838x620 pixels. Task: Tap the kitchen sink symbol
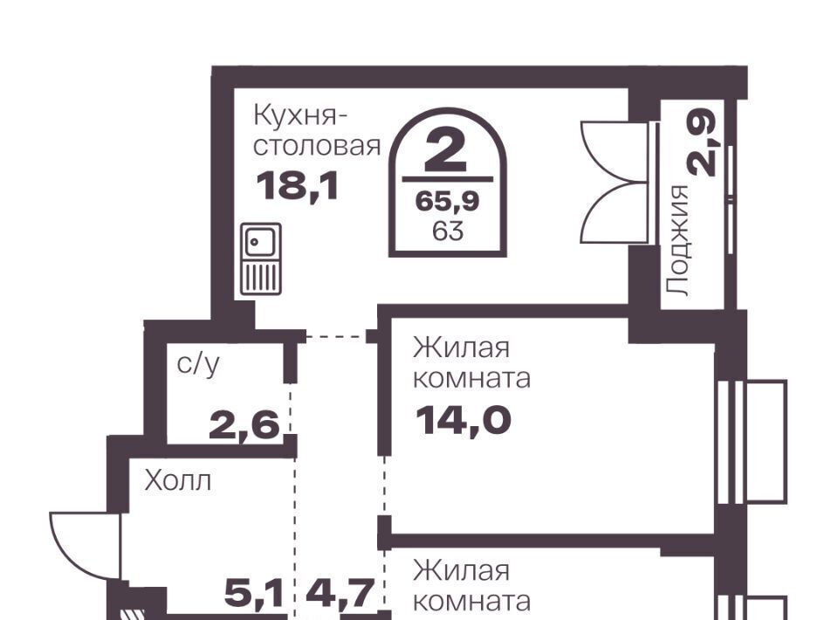point(261,258)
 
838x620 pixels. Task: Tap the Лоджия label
point(678,240)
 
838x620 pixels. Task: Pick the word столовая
point(316,146)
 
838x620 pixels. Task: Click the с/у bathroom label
point(198,365)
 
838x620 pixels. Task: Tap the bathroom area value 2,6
point(244,425)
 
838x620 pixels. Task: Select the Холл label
point(178,481)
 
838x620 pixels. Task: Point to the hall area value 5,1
point(253,593)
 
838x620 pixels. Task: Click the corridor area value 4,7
point(339,593)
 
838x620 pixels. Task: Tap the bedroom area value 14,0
point(463,420)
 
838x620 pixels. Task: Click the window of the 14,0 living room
point(751,442)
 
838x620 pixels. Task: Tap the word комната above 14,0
point(472,379)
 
